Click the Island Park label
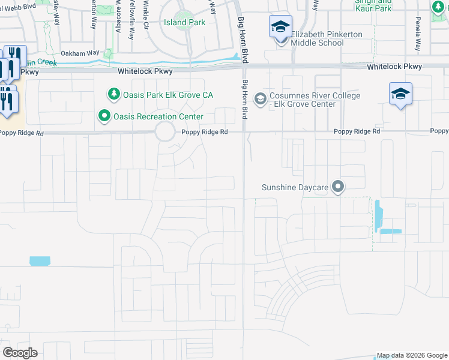tap(184, 23)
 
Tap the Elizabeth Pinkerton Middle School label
tap(327, 38)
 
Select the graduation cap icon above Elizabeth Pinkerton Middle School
tap(280, 26)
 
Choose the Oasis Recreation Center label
tap(159, 116)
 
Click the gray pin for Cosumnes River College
tap(260, 97)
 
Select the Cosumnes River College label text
tap(316, 100)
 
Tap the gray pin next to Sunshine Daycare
tap(338, 187)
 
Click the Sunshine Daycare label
tap(295, 188)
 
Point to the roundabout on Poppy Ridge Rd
tap(165, 132)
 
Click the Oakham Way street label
tap(79, 53)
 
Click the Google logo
tap(20, 352)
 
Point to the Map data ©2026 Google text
tap(412, 355)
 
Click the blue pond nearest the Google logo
tap(40, 261)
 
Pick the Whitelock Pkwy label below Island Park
tap(145, 71)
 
